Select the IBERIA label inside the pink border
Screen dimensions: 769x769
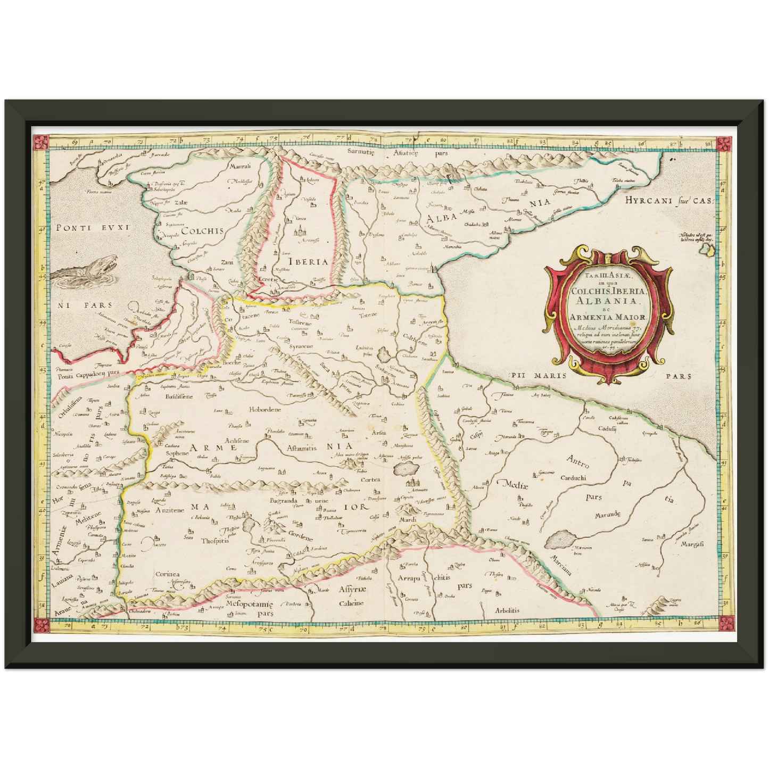click(x=308, y=262)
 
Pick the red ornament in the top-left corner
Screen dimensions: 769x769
click(x=39, y=142)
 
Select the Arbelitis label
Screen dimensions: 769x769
click(x=507, y=610)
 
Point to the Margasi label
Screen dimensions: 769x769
click(x=692, y=544)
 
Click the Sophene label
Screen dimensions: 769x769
click(x=177, y=453)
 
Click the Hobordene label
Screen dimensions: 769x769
click(x=264, y=410)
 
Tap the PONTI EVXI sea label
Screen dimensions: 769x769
click(x=93, y=228)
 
